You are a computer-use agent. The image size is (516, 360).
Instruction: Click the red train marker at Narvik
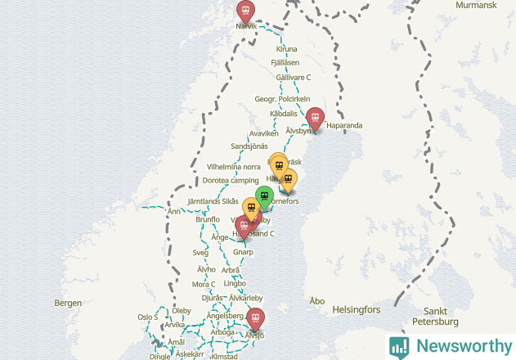(x=245, y=11)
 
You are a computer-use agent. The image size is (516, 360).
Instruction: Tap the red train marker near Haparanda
(x=315, y=118)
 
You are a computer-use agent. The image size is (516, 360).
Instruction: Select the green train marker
(x=263, y=196)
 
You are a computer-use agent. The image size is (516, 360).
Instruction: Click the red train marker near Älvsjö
(x=256, y=318)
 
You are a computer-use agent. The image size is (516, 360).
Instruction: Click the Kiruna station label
(x=287, y=49)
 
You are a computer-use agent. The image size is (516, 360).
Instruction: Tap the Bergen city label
(x=68, y=303)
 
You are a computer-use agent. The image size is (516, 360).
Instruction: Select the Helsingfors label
(x=357, y=310)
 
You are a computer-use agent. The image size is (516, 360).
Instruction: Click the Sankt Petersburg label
(x=447, y=316)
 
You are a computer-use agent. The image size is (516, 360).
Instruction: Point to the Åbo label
(x=316, y=301)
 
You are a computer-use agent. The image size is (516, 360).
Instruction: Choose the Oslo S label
(x=147, y=317)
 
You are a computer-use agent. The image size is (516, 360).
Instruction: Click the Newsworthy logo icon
(x=399, y=346)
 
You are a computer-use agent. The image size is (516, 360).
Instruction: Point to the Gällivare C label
(x=294, y=77)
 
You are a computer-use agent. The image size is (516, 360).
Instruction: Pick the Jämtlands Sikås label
(x=213, y=200)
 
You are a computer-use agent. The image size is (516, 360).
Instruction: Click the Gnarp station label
(x=244, y=253)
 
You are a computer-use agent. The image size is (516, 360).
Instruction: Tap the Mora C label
(x=203, y=284)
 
